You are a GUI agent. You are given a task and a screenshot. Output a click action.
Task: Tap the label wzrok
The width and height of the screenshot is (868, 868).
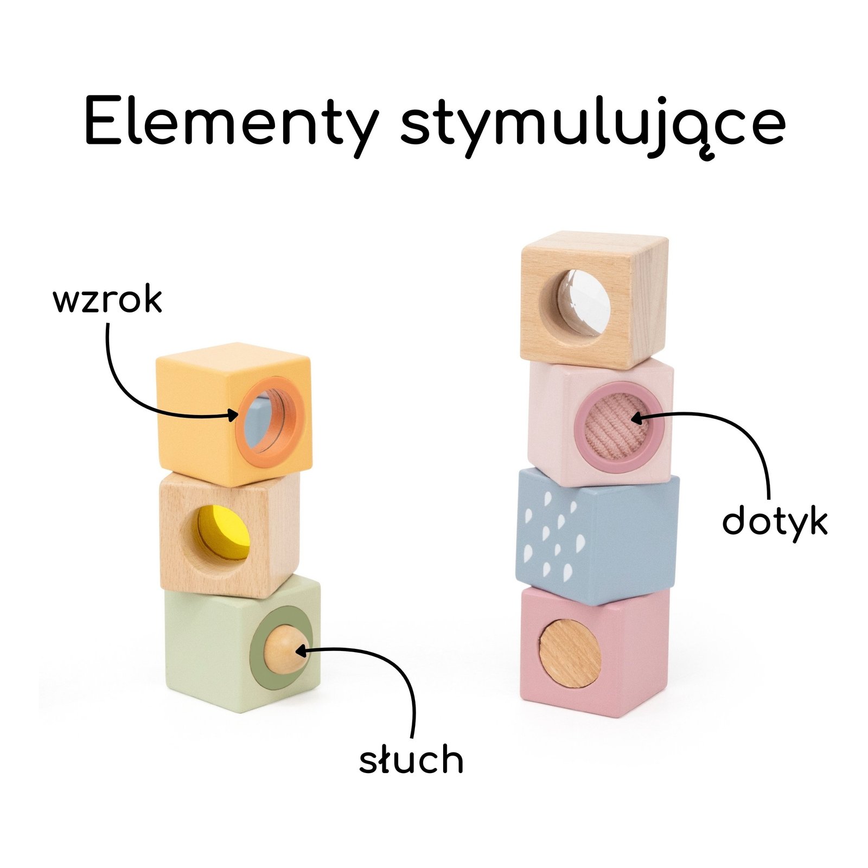coord(107,300)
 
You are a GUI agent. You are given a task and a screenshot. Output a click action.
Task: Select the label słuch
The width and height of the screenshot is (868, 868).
coord(411,759)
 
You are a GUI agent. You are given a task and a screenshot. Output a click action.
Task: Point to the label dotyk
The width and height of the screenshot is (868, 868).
coord(775,522)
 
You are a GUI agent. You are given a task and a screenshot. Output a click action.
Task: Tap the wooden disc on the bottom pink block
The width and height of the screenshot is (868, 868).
coord(570,654)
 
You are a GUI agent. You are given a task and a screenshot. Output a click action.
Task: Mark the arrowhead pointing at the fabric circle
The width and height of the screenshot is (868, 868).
coord(635,418)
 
